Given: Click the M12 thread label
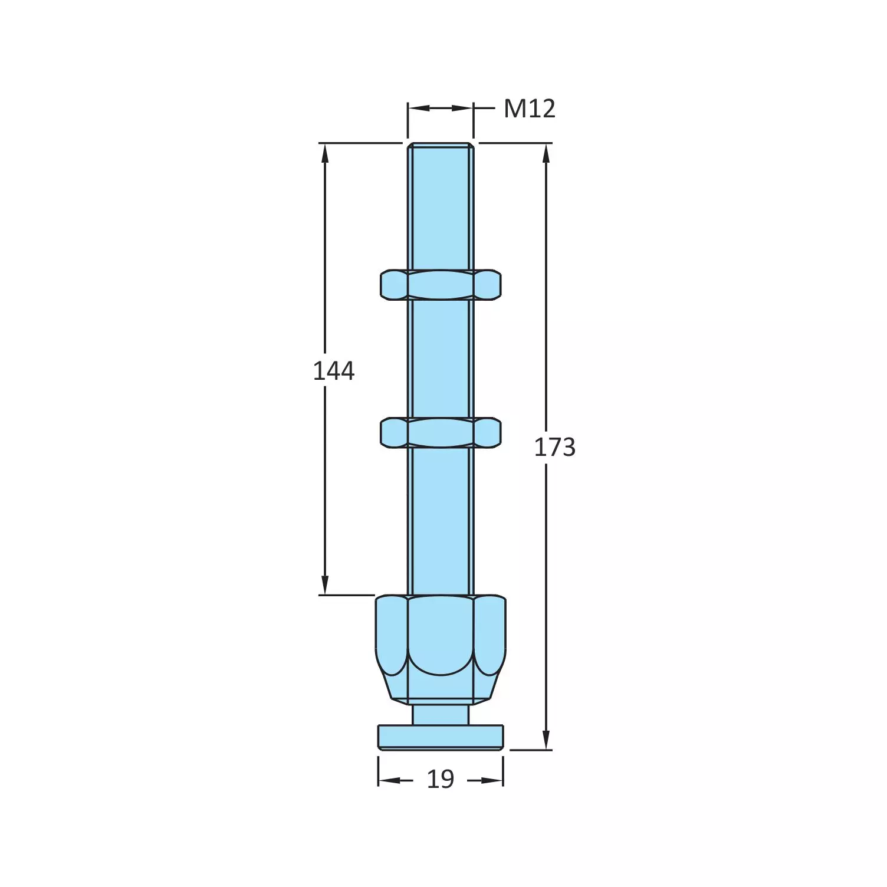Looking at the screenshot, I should click(x=529, y=109).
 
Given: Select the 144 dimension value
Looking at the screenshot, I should click(x=333, y=371).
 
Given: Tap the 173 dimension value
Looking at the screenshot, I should click(x=554, y=448).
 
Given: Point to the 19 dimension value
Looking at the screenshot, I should click(x=441, y=780).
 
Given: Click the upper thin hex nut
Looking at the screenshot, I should click(x=441, y=284).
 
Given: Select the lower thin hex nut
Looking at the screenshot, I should click(x=441, y=432).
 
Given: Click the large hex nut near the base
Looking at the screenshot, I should click(x=441, y=649).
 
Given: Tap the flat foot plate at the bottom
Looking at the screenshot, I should click(x=441, y=737).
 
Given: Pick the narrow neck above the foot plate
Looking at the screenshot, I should click(x=441, y=714).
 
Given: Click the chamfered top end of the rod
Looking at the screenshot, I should click(x=441, y=144).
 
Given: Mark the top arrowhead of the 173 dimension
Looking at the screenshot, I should click(x=546, y=152).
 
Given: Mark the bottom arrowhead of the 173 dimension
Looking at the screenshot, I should click(x=546, y=741).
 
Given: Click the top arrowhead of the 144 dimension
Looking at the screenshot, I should click(x=324, y=152).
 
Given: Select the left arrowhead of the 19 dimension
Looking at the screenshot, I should click(x=387, y=780).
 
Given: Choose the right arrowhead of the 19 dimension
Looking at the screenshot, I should click(x=494, y=780).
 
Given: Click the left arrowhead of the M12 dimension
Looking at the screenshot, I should click(x=417, y=108).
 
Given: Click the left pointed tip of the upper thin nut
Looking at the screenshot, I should click(x=382, y=284).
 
